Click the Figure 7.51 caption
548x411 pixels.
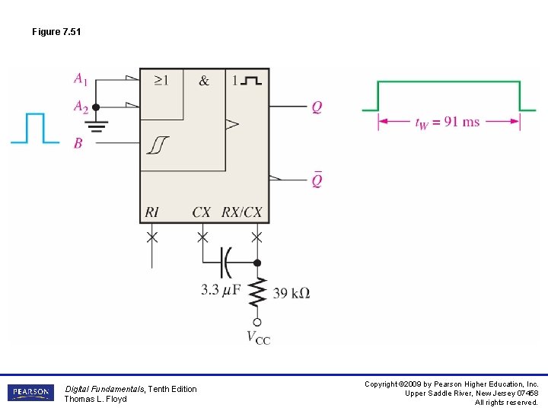pyautogui.click(x=56, y=32)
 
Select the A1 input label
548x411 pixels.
pyautogui.click(x=80, y=78)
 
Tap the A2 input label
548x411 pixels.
pyautogui.click(x=81, y=107)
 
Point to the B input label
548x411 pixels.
pyautogui.click(x=78, y=142)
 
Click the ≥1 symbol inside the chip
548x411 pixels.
pyautogui.click(x=161, y=80)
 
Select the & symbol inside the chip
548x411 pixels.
pyautogui.click(x=204, y=80)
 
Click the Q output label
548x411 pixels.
pyautogui.click(x=317, y=107)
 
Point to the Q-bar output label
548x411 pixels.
pyautogui.click(x=317, y=180)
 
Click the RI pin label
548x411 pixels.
pyautogui.click(x=151, y=212)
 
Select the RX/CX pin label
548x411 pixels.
pyautogui.click(x=241, y=212)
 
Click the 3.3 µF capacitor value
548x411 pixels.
pyautogui.click(x=221, y=290)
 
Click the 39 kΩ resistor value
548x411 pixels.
pyautogui.click(x=291, y=292)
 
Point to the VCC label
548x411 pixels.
pyautogui.click(x=258, y=337)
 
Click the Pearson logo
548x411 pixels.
pyautogui.click(x=30, y=393)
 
